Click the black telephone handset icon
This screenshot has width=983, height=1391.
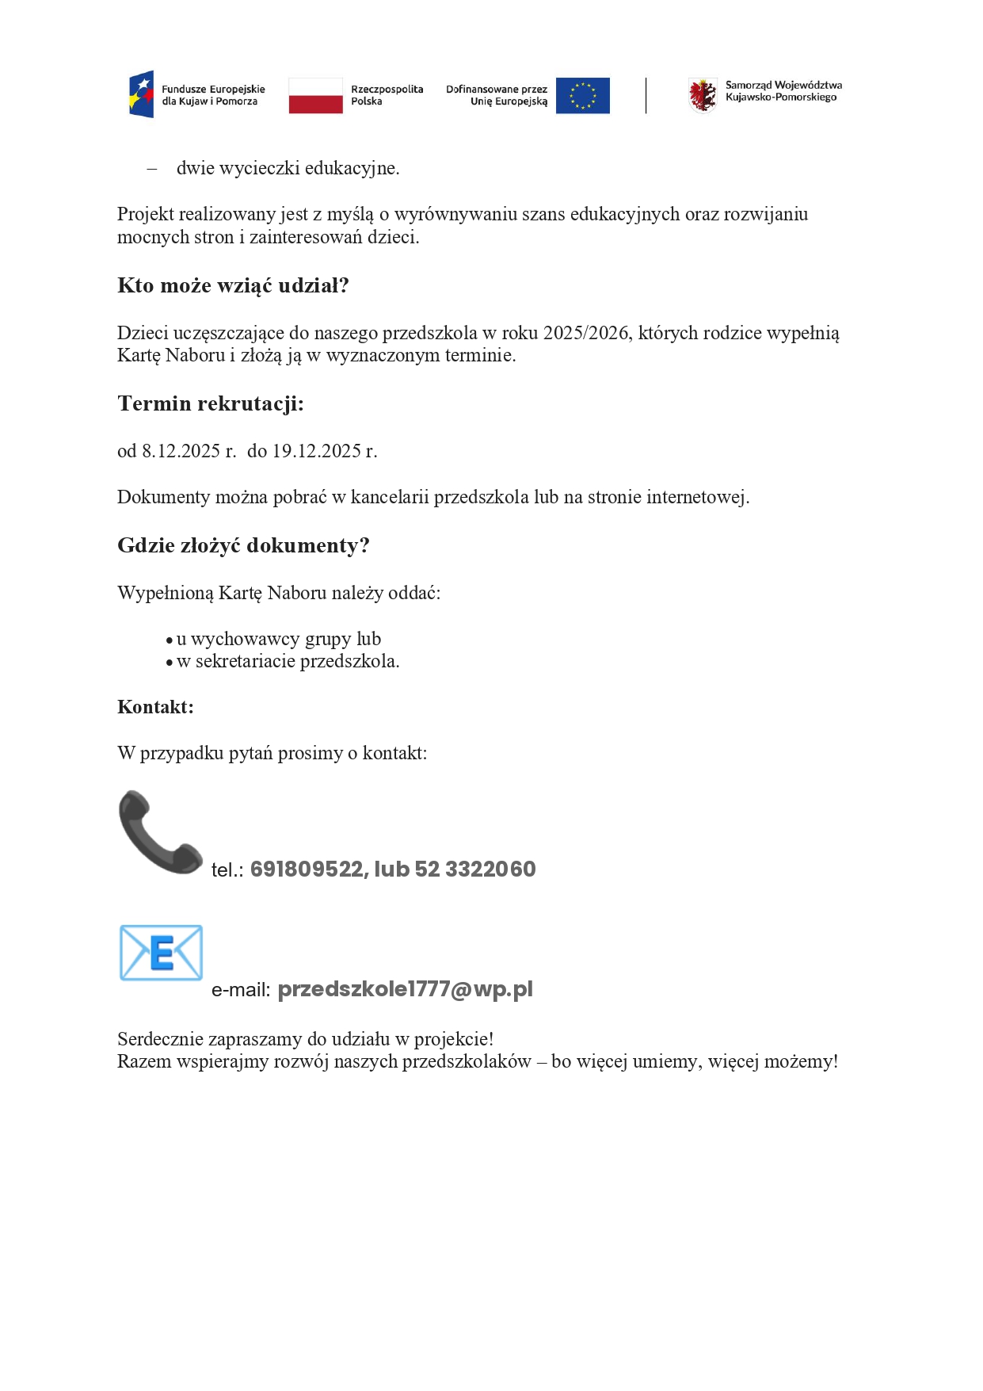point(159,832)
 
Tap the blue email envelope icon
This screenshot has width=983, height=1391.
point(161,953)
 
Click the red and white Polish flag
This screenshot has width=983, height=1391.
point(315,96)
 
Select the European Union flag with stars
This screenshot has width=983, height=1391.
point(582,96)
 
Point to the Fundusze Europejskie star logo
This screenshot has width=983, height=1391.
point(141,94)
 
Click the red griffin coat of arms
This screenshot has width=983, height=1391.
point(702,95)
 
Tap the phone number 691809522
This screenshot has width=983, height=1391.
point(306,869)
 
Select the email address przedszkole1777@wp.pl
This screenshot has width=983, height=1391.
point(405,989)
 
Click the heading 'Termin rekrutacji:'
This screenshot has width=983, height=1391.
point(211,403)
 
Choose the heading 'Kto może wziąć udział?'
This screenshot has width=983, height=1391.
point(233,285)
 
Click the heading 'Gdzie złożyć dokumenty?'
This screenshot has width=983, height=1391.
point(243,545)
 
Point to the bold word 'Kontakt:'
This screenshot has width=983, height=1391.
point(155,707)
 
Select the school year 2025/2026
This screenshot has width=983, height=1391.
point(585,333)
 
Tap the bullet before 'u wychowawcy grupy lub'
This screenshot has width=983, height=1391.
point(170,640)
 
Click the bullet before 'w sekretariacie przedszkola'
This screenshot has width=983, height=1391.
point(170,663)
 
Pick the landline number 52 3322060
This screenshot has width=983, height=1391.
point(474,869)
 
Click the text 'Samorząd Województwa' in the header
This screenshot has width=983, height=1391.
point(783,85)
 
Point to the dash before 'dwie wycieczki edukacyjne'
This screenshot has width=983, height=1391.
point(152,169)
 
